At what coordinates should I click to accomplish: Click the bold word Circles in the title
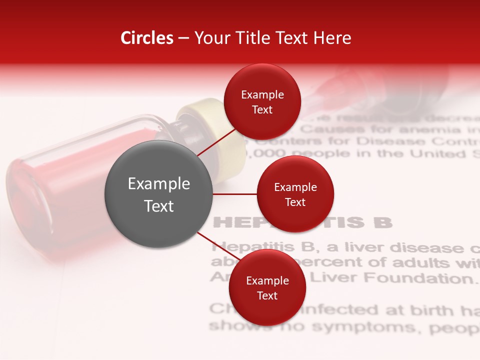click(x=146, y=38)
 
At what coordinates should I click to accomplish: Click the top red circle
click(x=262, y=101)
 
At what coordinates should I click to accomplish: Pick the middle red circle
click(x=295, y=194)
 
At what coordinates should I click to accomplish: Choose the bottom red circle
click(x=267, y=287)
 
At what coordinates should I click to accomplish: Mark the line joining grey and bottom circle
click(x=214, y=245)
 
